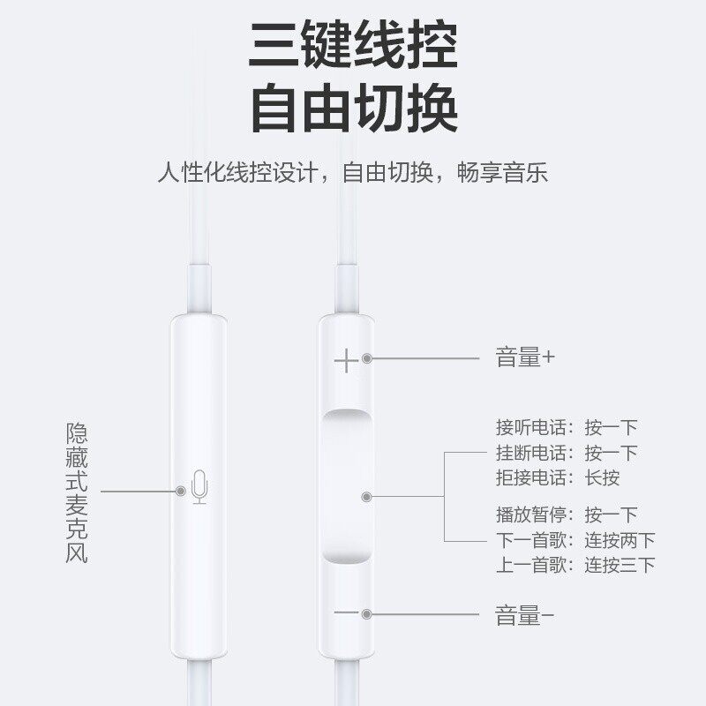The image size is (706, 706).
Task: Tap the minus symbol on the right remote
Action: click(x=347, y=612)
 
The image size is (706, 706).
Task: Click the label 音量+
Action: click(x=525, y=358)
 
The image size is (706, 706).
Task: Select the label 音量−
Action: click(x=525, y=615)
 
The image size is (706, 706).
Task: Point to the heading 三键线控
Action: click(x=353, y=45)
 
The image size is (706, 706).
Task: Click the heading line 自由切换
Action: click(x=353, y=110)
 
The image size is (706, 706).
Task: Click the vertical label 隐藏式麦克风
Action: click(x=79, y=494)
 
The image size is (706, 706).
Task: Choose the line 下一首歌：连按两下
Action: click(x=575, y=540)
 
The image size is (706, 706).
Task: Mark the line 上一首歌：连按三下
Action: click(x=575, y=565)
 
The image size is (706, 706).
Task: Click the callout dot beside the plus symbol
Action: click(x=367, y=359)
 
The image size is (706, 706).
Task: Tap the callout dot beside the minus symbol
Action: click(x=367, y=612)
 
